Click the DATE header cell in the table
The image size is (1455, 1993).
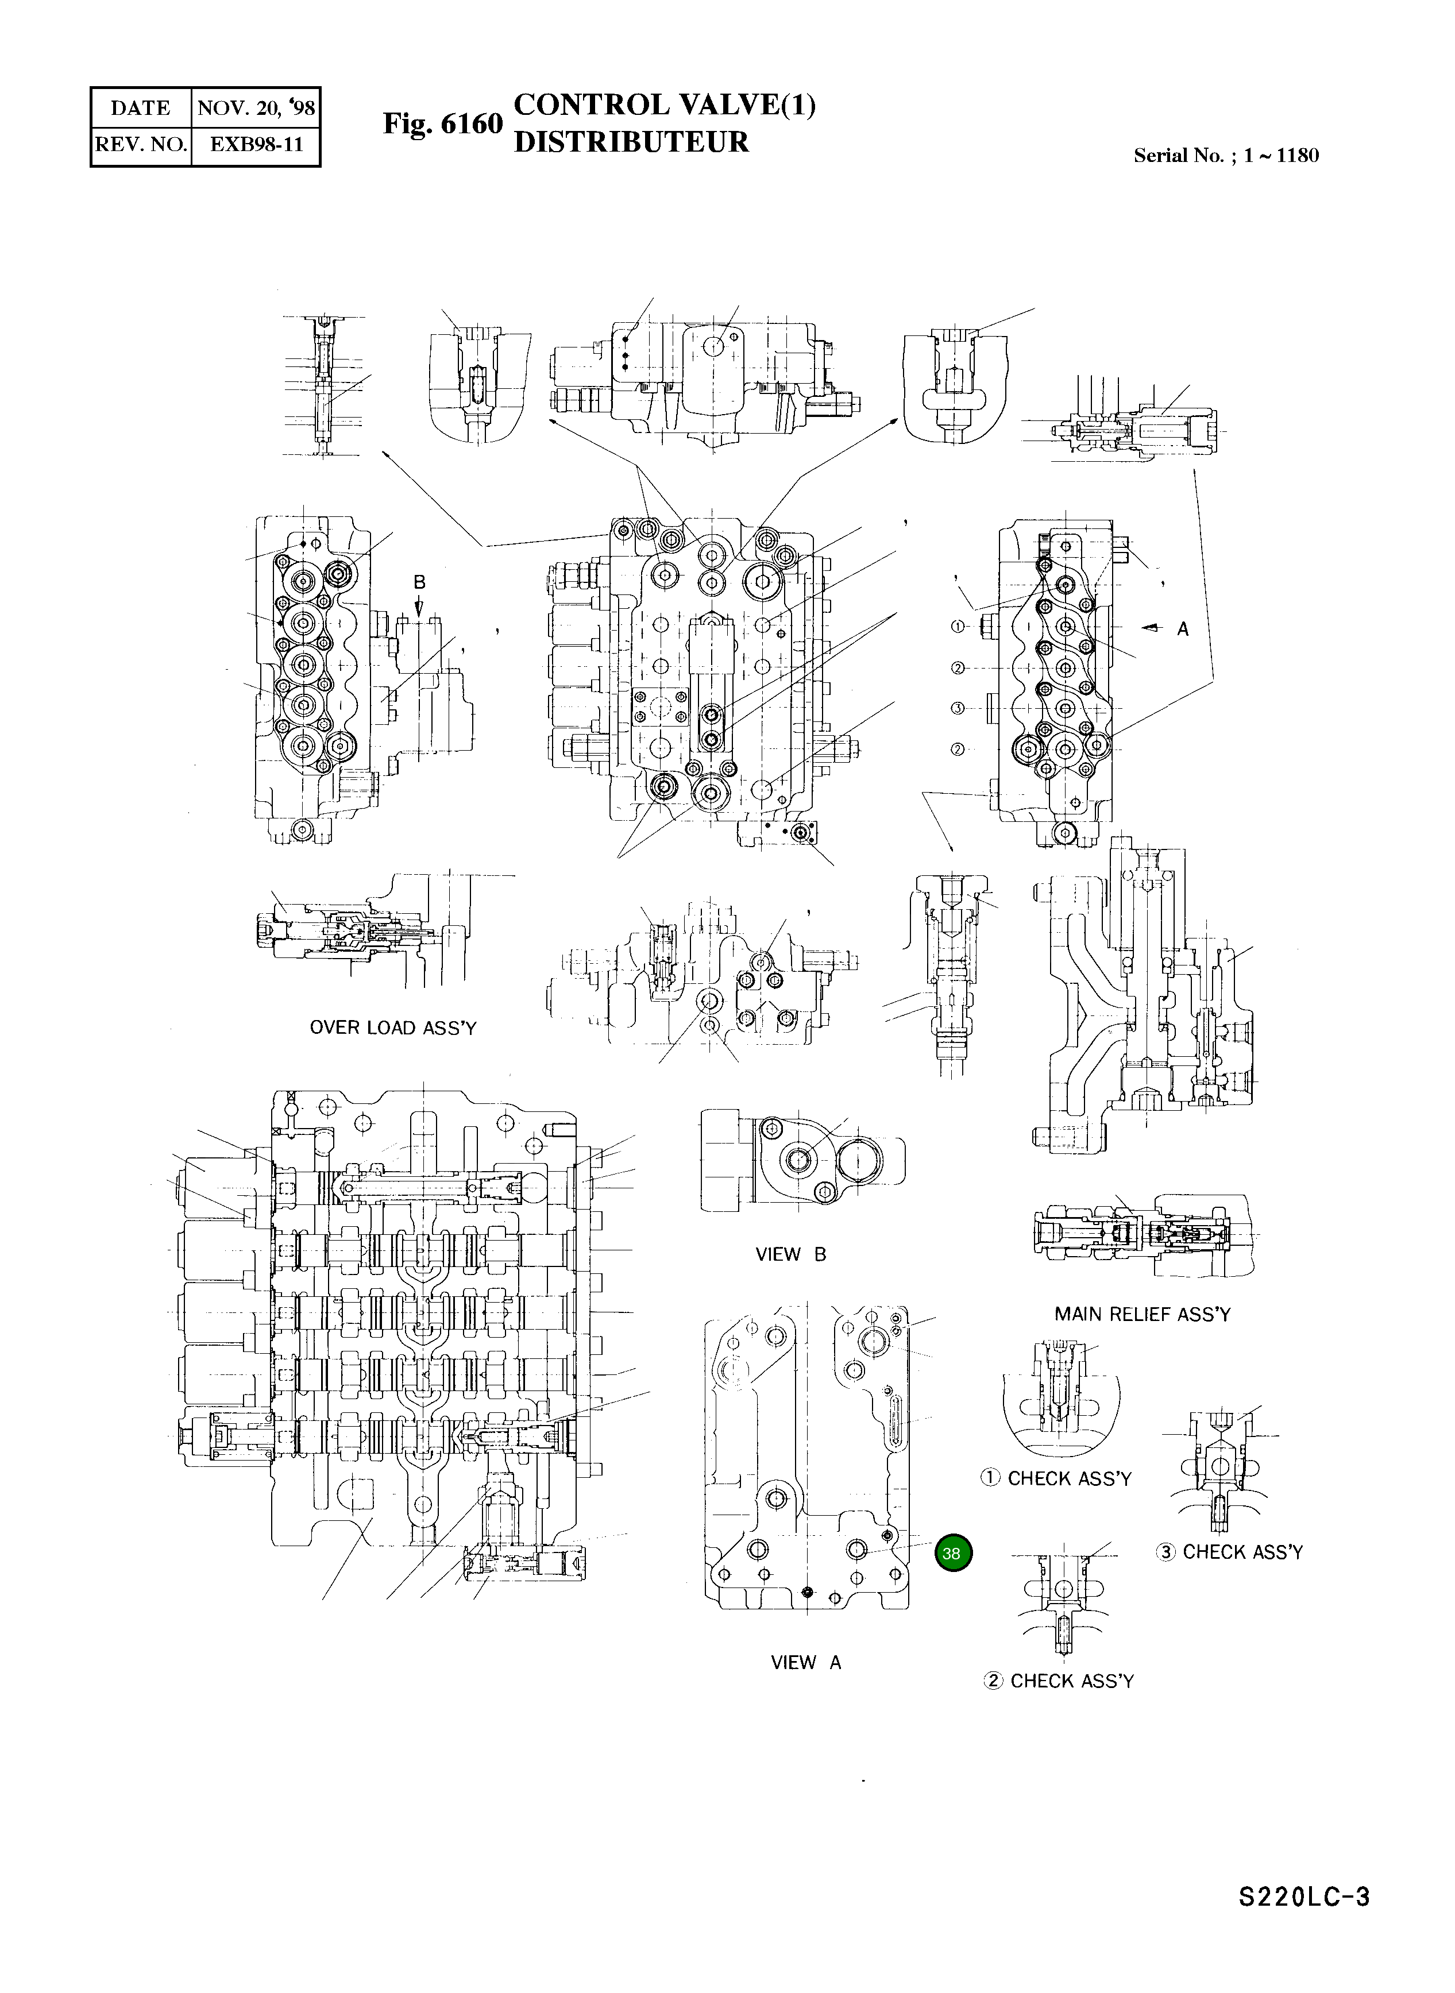(x=140, y=109)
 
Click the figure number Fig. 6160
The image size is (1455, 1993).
(x=442, y=124)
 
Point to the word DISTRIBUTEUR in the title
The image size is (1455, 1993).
(x=631, y=142)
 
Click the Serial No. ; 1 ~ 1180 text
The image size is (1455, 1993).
(x=1226, y=156)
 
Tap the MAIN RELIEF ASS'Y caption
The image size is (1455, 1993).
(x=1143, y=1314)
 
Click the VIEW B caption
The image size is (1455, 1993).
(x=791, y=1254)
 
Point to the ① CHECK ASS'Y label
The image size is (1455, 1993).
(x=1055, y=1479)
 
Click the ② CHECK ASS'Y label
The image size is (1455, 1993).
(x=1059, y=1681)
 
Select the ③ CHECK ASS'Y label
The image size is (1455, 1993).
(x=1229, y=1552)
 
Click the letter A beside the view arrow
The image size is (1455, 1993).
(x=1183, y=629)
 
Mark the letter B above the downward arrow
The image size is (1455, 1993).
(x=419, y=582)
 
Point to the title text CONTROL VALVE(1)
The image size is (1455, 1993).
(x=664, y=105)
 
